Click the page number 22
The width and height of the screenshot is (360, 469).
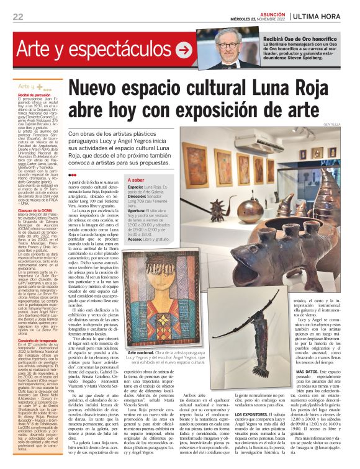(17, 17)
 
